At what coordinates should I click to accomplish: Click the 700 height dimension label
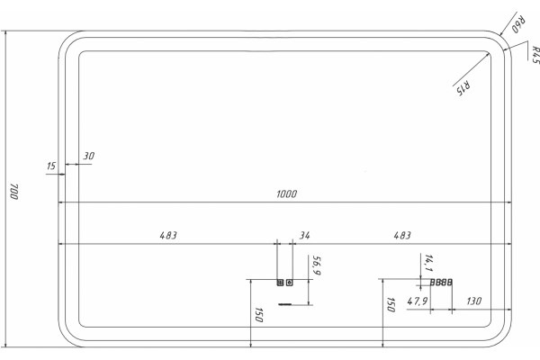14,192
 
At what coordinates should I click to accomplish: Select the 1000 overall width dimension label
286,194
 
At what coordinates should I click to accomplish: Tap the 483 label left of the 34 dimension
168,235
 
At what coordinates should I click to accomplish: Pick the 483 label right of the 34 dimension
402,235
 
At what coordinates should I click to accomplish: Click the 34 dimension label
304,236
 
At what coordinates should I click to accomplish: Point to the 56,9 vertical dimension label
316,265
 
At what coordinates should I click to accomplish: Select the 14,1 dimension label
428,263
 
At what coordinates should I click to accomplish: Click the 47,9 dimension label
418,301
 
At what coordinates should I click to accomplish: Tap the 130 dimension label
474,301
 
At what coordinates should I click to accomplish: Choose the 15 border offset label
51,166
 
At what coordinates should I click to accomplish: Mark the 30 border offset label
88,156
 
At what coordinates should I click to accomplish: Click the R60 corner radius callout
518,24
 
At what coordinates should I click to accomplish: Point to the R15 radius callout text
463,87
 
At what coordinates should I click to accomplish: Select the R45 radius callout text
535,54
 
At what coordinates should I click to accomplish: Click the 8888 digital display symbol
441,283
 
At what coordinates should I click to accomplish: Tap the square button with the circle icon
290,283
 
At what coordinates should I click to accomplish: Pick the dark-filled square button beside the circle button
280,283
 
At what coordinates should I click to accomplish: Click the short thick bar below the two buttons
284,304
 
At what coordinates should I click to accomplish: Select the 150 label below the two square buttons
259,315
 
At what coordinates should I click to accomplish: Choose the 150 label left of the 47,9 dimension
391,305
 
